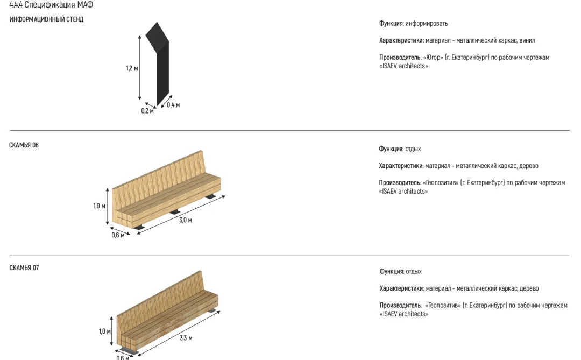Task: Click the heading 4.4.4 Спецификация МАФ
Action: tap(51, 5)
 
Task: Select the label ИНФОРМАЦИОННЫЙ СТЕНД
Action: tap(46, 19)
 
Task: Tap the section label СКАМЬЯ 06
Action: tap(24, 145)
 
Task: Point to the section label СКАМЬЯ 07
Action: tap(24, 268)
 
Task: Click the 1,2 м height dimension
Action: tap(132, 68)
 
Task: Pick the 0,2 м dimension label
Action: tap(147, 111)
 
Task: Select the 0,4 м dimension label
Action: tap(173, 105)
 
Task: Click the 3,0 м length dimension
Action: tap(186, 220)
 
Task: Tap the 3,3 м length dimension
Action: tap(186, 338)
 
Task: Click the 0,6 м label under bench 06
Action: tap(118, 235)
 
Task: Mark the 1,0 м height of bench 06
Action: tap(99, 206)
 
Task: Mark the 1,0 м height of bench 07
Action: tap(104, 331)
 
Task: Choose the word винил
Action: tap(527, 40)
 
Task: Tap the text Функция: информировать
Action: tap(413, 24)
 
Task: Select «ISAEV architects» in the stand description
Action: tap(403, 66)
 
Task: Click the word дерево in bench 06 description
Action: tap(529, 166)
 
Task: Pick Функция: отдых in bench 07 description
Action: tap(400, 272)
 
